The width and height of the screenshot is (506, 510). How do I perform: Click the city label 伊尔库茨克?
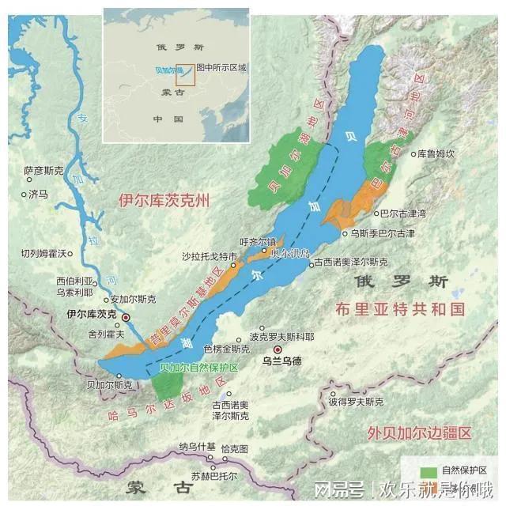pyautogui.click(x=92, y=315)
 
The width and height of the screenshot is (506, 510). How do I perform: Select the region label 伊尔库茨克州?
pyautogui.click(x=164, y=200)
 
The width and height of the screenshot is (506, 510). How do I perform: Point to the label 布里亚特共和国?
pyautogui.click(x=399, y=308)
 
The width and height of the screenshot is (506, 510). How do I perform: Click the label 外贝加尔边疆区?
pyautogui.click(x=419, y=433)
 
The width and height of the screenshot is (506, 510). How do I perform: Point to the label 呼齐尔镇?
pyautogui.click(x=258, y=242)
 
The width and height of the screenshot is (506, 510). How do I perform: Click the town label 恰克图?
pyautogui.click(x=234, y=448)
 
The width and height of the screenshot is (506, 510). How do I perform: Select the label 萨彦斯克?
pyautogui.click(x=42, y=170)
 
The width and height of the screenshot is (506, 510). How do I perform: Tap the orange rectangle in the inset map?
pyautogui.click(x=185, y=73)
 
